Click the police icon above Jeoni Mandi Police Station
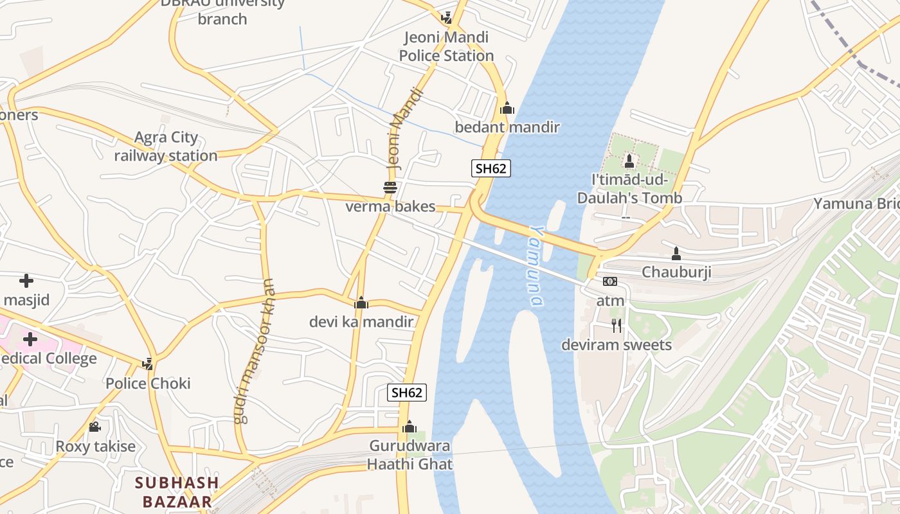pos(447,18)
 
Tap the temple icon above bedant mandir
pos(507,108)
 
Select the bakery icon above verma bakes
pos(390,188)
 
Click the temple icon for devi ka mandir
pos(361,302)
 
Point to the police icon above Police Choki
pos(148,364)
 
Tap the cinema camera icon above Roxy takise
pos(95,427)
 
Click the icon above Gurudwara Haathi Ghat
pos(410,427)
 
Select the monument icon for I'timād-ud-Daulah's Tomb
pos(629,161)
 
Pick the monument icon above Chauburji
pos(676,253)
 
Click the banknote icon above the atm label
pos(610,281)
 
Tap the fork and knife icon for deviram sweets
pos(616,326)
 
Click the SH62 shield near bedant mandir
pos(491,169)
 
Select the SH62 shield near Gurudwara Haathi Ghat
pos(407,393)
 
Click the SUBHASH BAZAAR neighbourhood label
pos(177,492)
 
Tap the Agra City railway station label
pos(166,146)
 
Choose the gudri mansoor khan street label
pos(255,351)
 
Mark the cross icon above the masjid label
pos(26,281)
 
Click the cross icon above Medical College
pos(30,339)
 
